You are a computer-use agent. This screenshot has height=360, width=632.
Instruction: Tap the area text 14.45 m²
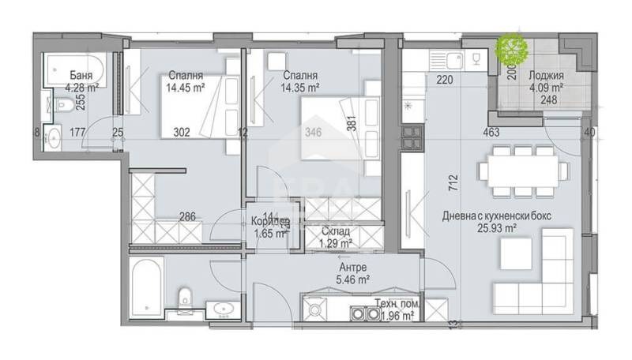click(186, 89)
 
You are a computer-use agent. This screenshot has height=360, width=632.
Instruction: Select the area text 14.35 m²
click(301, 89)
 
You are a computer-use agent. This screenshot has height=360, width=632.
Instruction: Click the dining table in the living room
click(521, 170)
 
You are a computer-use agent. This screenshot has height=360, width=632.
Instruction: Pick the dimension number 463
click(494, 134)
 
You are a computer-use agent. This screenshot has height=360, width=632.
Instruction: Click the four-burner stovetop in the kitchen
click(412, 139)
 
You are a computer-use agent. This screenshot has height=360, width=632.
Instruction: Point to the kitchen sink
click(453, 59)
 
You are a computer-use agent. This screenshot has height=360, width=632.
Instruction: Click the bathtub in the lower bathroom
click(147, 287)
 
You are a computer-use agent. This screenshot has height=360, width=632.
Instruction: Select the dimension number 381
click(352, 122)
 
